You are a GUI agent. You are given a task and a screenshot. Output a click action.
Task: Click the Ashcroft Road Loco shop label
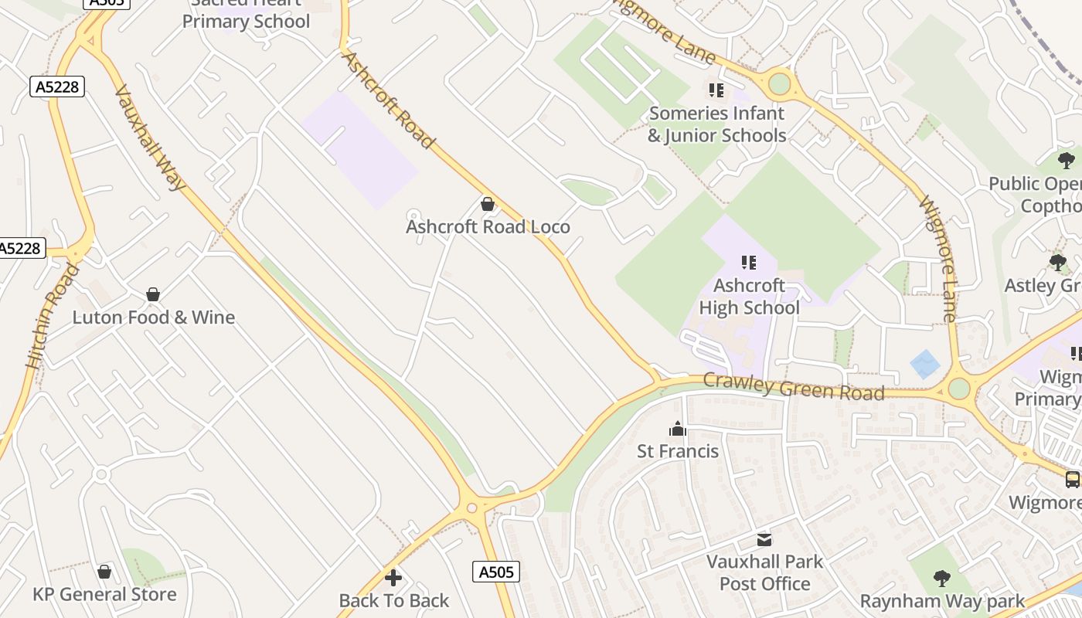488,226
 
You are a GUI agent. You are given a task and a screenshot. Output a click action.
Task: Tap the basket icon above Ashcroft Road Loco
488,204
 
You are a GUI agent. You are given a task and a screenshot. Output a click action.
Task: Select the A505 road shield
495,572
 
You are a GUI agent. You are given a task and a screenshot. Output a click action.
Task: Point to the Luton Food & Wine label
153,317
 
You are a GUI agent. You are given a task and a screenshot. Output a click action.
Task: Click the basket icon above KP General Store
104,572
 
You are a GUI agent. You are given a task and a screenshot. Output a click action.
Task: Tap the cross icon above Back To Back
393,578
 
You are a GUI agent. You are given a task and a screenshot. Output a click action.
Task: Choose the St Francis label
677,451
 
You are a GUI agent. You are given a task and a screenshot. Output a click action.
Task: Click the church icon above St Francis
677,429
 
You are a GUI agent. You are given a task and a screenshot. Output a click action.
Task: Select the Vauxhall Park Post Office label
764,572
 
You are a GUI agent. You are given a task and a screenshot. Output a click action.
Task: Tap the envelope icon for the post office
764,539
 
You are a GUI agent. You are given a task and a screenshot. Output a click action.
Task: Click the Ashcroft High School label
749,297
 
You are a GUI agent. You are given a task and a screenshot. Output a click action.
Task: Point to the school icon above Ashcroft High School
748,263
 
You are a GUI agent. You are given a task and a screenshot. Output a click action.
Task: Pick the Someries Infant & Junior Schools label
716,124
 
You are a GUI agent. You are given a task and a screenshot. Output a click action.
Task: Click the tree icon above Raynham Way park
941,578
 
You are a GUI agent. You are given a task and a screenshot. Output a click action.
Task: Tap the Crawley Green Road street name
794,386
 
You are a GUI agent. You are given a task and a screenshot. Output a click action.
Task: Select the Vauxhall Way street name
151,138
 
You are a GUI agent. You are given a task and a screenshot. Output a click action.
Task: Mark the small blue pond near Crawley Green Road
924,364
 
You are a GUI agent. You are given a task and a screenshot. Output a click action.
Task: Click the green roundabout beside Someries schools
779,83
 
